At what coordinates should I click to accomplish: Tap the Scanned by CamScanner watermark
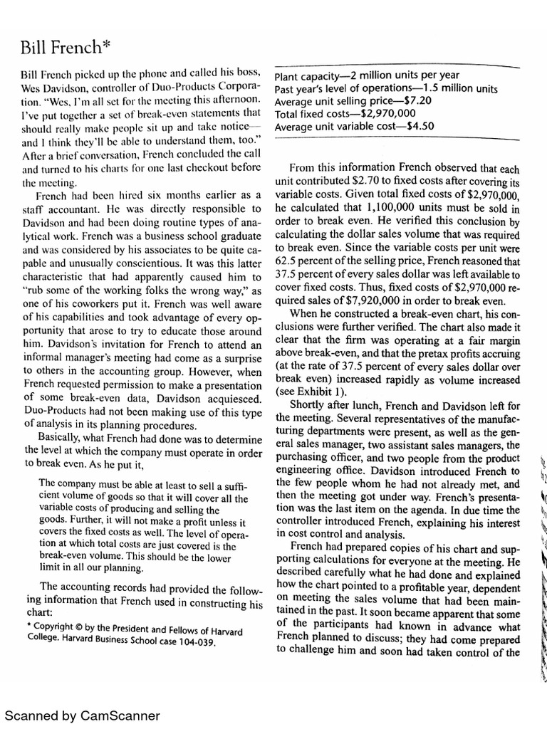pyautogui.click(x=83, y=715)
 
